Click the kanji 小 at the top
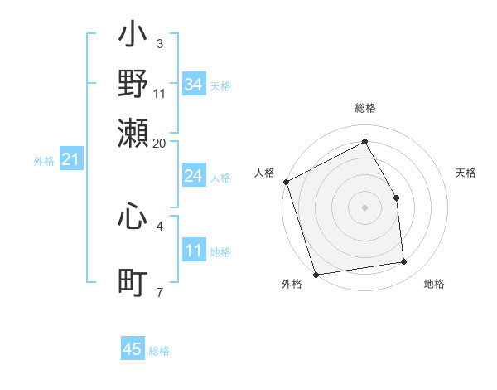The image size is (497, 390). pos(133,37)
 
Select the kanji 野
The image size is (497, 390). pos(133,84)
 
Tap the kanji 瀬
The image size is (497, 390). pos(133,132)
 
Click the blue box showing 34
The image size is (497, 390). pos(193,85)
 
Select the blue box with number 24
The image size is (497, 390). pos(193,176)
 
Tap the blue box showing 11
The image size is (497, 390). pos(193,251)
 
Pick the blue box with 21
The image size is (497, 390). pos(70,159)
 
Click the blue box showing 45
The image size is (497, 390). pos(133,349)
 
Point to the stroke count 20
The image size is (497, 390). pos(159,143)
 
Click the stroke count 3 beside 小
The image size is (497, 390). pos(159,43)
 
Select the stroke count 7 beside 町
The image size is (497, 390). pos(159,292)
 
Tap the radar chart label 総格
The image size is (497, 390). pos(364,108)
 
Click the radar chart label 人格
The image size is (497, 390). pos(265,173)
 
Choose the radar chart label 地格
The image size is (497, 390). pos(434,285)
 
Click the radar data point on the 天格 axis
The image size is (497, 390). pos(396,197)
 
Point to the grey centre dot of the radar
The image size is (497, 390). pos(364,207)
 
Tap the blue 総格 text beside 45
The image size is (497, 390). pos(159,351)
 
